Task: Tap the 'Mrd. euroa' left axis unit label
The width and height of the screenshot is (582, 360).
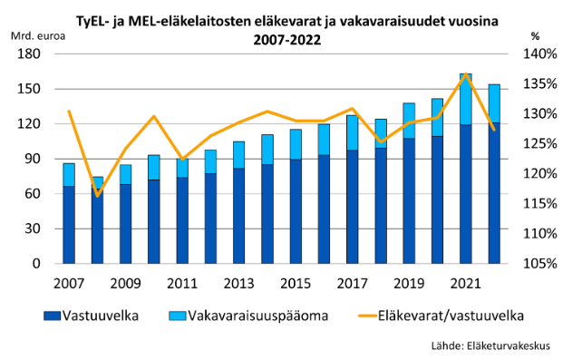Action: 35,36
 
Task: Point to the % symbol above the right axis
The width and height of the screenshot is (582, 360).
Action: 535,36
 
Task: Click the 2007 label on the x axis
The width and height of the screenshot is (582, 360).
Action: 69,281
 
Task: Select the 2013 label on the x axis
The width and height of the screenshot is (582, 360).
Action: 238,281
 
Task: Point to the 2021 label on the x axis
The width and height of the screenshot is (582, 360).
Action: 465,281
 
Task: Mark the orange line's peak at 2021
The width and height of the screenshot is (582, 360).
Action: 465,74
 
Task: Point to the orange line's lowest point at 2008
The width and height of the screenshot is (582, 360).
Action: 97,196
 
